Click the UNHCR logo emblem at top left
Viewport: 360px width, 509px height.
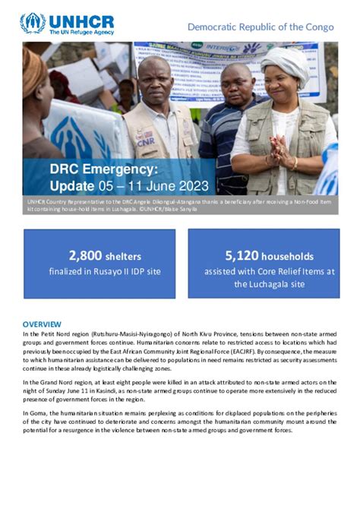click(x=33, y=22)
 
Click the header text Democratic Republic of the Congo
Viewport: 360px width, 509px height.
click(x=261, y=27)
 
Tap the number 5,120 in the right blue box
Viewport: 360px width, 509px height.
click(x=242, y=256)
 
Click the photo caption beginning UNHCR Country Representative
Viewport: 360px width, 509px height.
click(x=114, y=203)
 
